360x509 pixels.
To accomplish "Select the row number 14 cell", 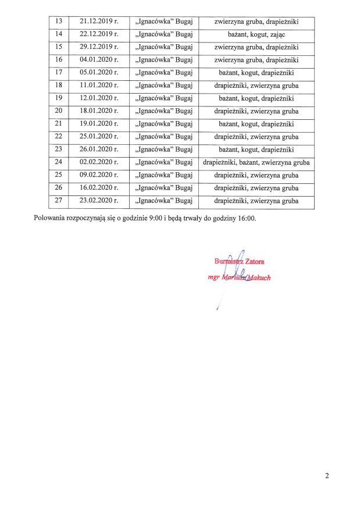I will [58, 36].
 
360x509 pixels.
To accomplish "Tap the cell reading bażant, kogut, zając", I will [256, 36].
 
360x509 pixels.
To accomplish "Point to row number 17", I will [58, 74].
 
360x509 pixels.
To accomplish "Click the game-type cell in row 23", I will [256, 150].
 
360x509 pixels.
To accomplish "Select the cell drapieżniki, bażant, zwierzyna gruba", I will [256, 163].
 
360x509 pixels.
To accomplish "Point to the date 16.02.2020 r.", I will [99, 188].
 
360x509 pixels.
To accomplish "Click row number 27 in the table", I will [58, 201].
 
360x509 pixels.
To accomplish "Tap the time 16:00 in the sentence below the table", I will [247, 219].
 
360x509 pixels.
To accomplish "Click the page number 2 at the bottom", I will [327, 477].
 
